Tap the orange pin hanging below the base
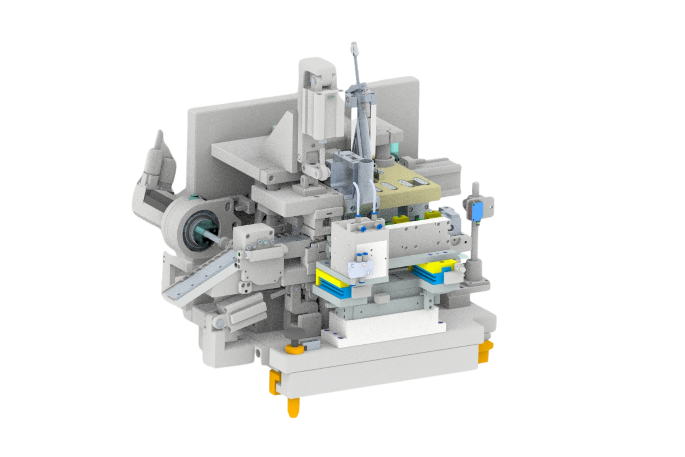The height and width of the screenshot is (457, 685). pos(293,407)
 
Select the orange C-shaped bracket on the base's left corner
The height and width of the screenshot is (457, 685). pos(275,382)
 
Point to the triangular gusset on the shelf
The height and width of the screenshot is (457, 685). pos(282,134)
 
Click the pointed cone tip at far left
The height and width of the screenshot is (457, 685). pos(160,137)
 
